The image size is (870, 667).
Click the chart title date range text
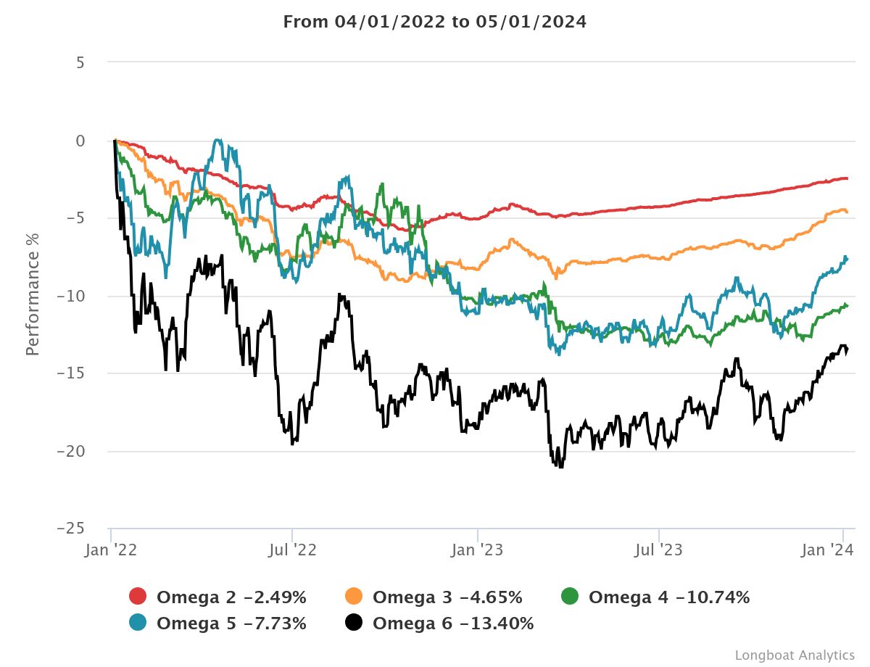coord(434,22)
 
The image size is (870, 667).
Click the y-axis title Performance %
coord(33,293)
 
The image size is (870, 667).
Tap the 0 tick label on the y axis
coord(80,141)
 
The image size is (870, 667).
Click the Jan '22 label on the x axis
coord(111,550)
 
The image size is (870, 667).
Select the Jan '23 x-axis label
coord(476,550)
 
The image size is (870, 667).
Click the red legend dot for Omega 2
coord(138,597)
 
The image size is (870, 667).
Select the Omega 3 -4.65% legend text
coord(447,597)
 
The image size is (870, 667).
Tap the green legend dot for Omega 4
coord(570,597)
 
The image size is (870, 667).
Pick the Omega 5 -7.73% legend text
coord(231,623)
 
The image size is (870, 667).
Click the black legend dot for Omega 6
coord(354,623)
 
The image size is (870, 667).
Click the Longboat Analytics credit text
coord(795,655)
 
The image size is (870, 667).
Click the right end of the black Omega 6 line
coord(848,350)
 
